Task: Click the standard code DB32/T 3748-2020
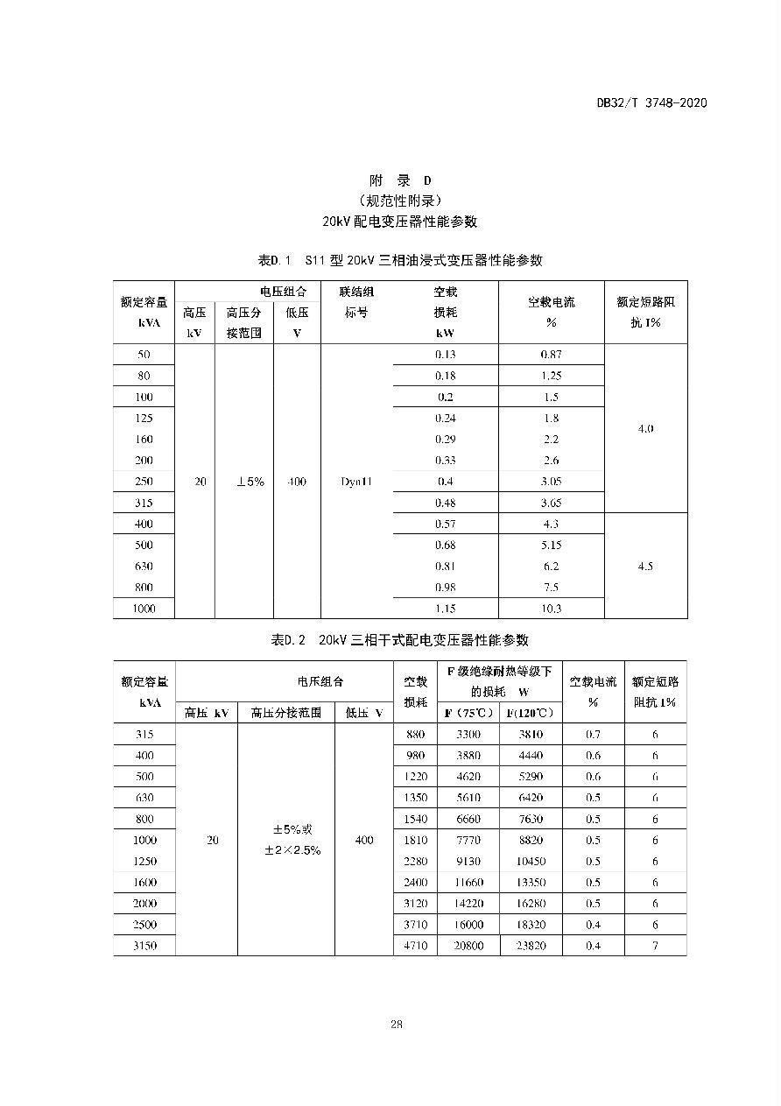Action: [651, 102]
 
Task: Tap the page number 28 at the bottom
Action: [397, 1024]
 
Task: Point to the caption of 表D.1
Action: [399, 260]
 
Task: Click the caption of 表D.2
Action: [399, 640]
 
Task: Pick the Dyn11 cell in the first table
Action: [356, 482]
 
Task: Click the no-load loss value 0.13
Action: [446, 355]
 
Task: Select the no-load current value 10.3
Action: [552, 609]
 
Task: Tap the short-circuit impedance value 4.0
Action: [645, 429]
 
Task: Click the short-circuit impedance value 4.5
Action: [645, 567]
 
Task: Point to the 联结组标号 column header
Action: [356, 302]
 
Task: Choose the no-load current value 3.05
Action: [552, 482]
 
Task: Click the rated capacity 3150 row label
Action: [144, 946]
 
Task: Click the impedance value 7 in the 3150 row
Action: [654, 946]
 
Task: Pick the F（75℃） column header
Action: [469, 713]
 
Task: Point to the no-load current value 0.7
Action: [593, 735]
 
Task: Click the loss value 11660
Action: [469, 883]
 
